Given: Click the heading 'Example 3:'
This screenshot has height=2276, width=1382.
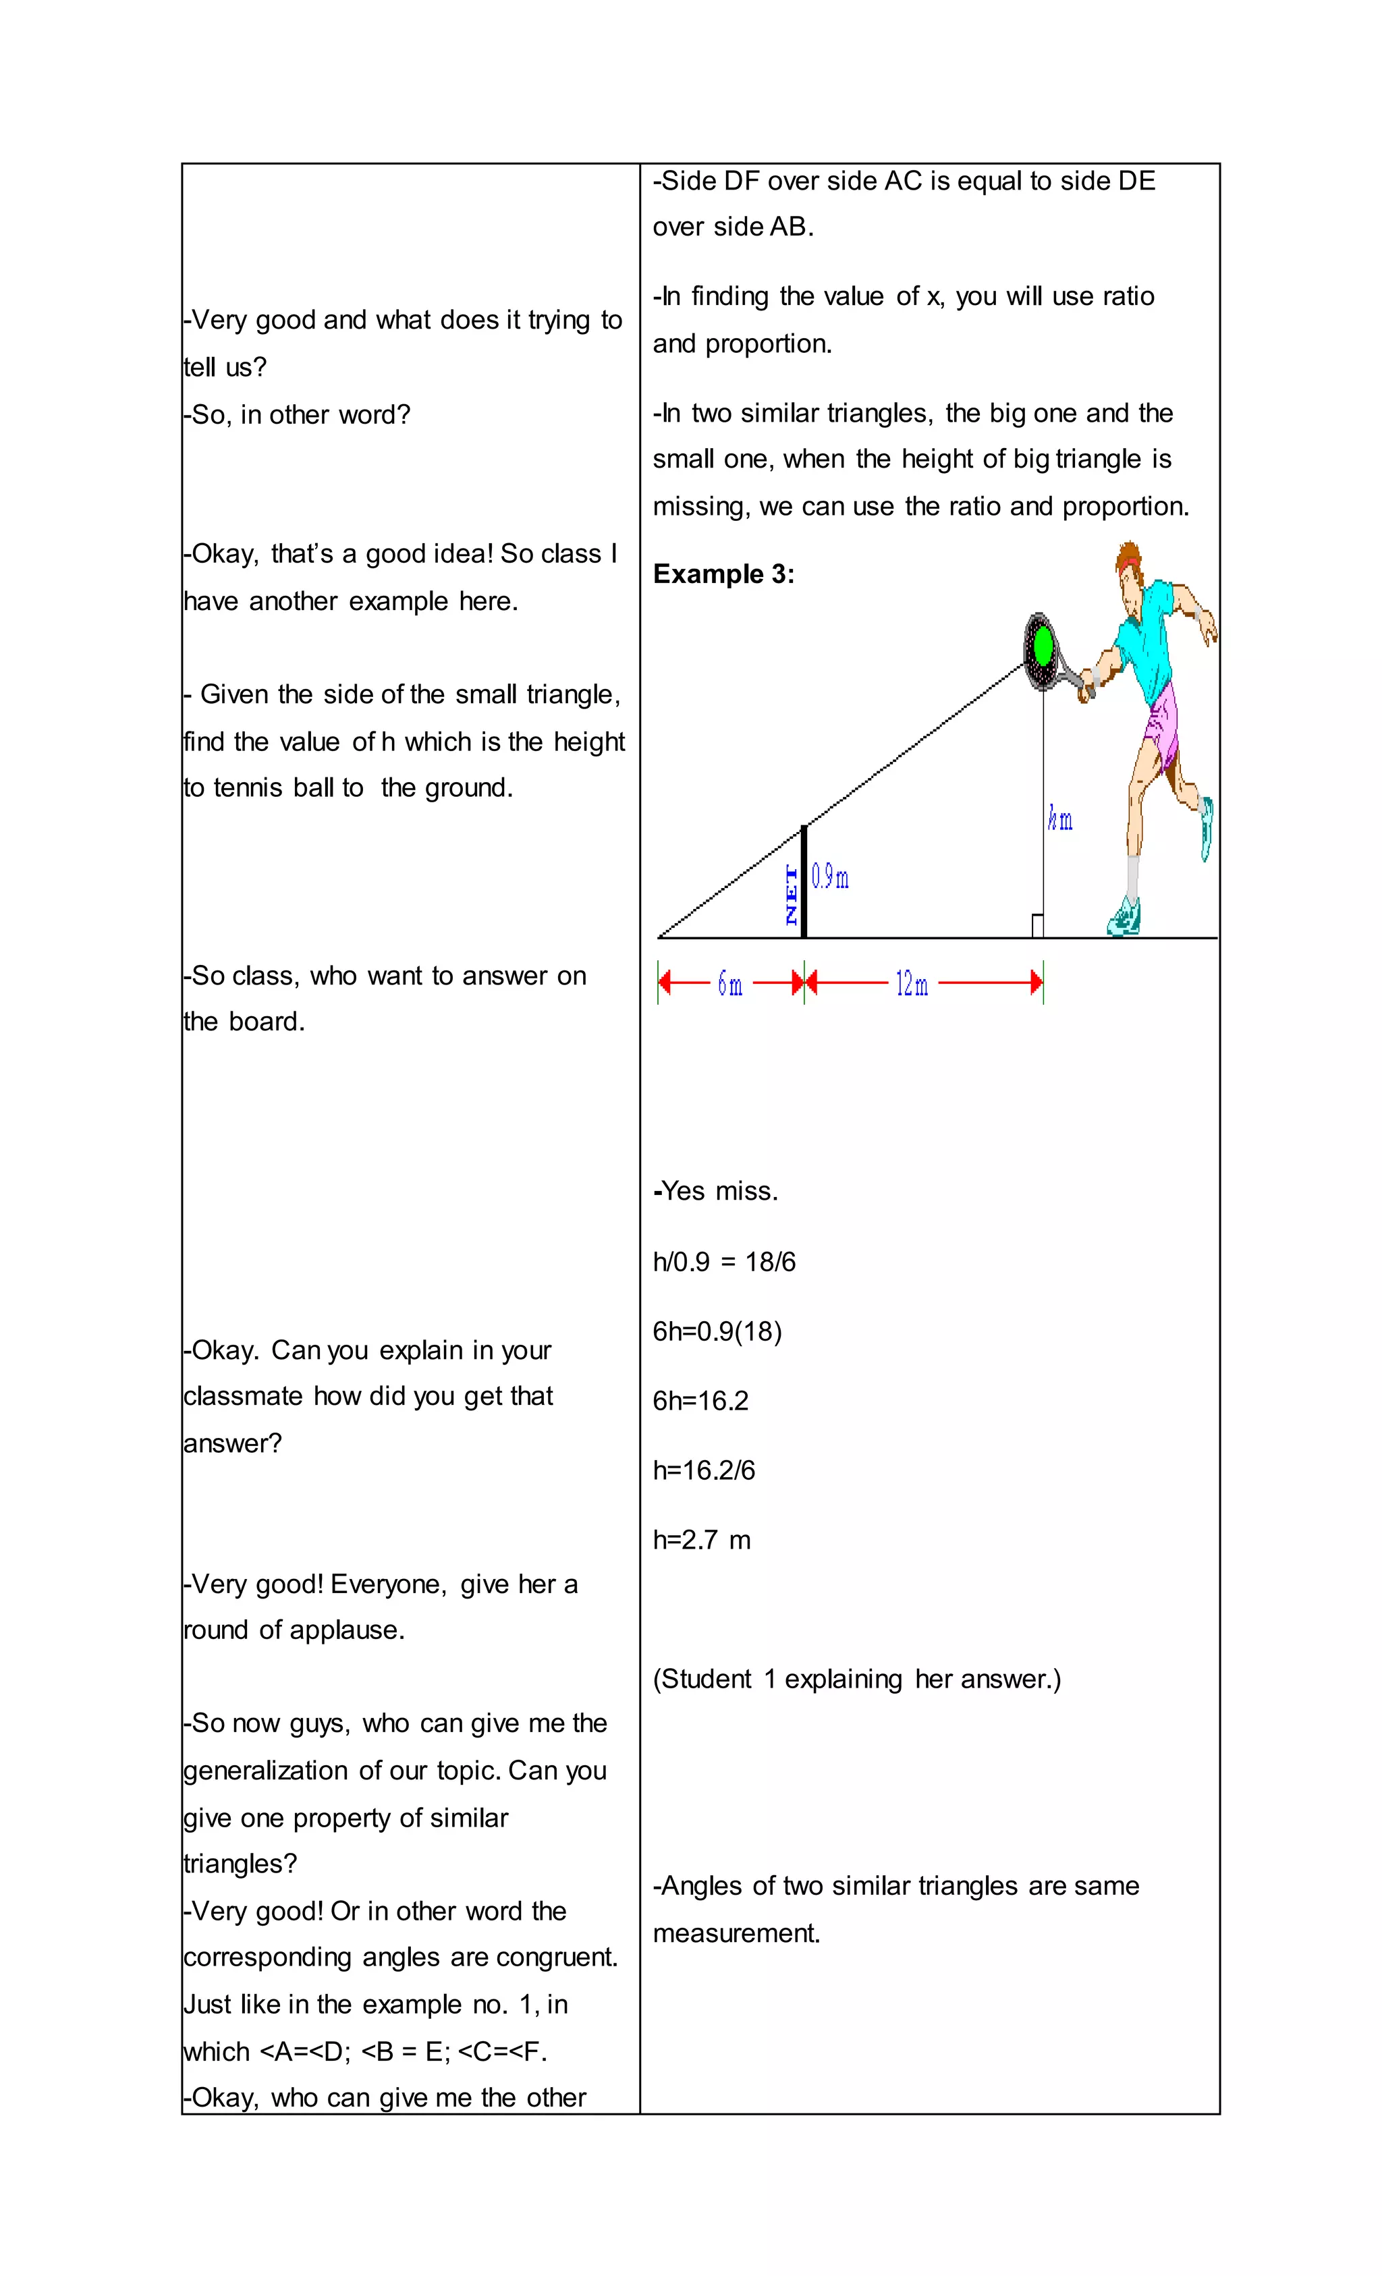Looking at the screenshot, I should click(723, 574).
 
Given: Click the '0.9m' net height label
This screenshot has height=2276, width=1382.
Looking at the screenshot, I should click(829, 877).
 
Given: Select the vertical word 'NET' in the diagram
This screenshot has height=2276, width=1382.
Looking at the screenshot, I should click(791, 894).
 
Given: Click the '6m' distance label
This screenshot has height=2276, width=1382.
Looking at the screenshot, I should click(729, 984).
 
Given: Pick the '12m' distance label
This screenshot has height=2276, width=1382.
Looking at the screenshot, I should click(912, 984).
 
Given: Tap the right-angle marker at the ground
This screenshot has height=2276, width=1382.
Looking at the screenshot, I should click(1037, 926).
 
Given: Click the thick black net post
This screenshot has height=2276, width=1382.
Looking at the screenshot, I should click(804, 882).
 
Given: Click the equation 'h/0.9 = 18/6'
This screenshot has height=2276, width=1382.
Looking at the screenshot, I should click(723, 1262).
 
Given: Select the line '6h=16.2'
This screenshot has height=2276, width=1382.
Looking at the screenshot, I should click(700, 1400).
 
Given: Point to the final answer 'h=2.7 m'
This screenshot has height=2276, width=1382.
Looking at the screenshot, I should click(701, 1540).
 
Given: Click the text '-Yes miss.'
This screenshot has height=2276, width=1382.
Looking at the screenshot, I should click(715, 1192).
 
